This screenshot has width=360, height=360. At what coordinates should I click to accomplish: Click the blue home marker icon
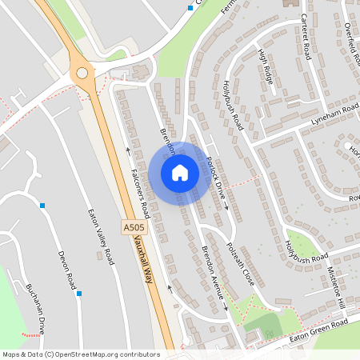pos(180,172)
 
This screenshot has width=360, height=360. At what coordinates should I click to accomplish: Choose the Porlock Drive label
pos(215,178)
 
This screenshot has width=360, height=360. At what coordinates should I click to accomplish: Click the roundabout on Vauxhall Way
pos(81,73)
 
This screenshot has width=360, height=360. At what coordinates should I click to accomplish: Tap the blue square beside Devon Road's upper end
pos(42,206)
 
